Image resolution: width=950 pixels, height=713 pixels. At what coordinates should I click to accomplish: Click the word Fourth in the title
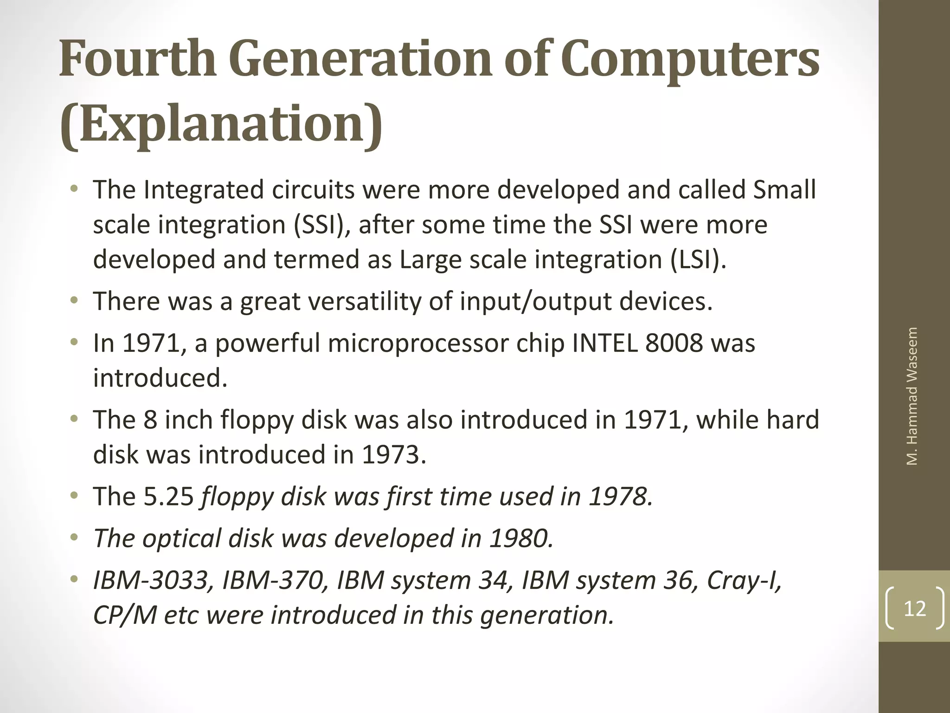pos(138,60)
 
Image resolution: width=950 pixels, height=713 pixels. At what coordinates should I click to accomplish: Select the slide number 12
pos(915,609)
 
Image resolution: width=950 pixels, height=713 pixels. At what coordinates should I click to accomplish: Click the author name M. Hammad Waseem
pos(912,396)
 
